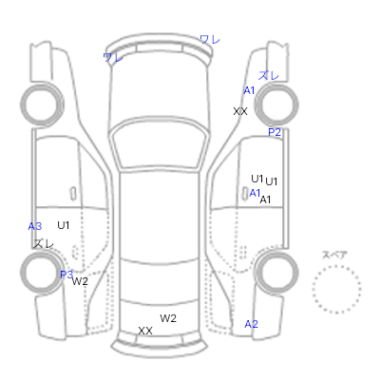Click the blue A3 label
pos(35,226)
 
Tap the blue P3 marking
pos(66,275)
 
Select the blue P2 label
pos(275,132)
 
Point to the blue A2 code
pos(252,324)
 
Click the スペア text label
pos(334,255)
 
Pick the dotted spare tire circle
pos(336,290)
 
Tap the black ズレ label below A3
pos(44,243)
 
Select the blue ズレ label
pos(269,76)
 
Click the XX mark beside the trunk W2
pos(145,331)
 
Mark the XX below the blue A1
pos(240,111)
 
